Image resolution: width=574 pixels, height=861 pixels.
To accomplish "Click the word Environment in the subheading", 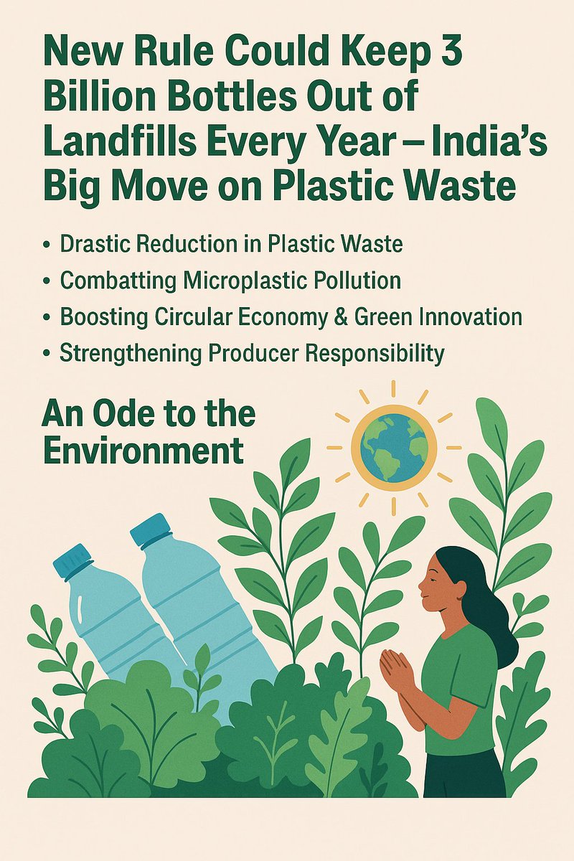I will [x=143, y=452].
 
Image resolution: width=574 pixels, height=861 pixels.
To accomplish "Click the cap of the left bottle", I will [x=73, y=560].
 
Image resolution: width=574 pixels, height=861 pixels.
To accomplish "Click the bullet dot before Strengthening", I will [x=47, y=354].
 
